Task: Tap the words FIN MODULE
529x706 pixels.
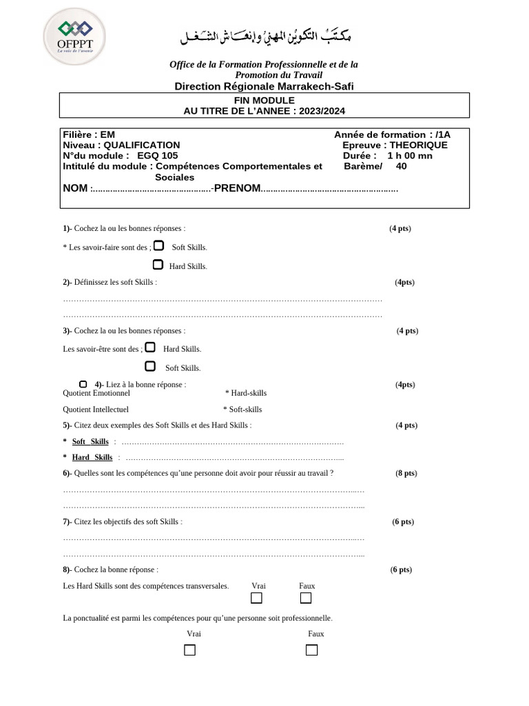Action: coord(264,100)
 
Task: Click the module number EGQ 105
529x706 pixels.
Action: coord(156,155)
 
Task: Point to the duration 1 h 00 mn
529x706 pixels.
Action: coord(410,155)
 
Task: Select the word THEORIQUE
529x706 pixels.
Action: coord(418,145)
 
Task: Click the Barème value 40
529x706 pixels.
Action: coord(402,165)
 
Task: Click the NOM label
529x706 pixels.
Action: coord(75,188)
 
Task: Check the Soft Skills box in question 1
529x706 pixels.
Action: coord(158,245)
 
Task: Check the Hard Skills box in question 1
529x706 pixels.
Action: coord(158,264)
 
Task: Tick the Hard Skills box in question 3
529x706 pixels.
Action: coord(150,347)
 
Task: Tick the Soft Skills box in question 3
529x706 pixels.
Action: coord(150,366)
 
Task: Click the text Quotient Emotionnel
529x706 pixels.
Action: coord(96,393)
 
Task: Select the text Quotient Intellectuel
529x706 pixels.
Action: coord(96,409)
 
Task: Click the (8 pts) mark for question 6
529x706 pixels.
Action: coord(406,473)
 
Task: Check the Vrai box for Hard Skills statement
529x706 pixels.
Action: coord(257,598)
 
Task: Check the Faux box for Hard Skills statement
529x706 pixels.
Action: coord(306,598)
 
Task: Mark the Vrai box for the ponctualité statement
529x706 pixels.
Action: coord(190,649)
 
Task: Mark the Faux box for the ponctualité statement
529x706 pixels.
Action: coord(311,649)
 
